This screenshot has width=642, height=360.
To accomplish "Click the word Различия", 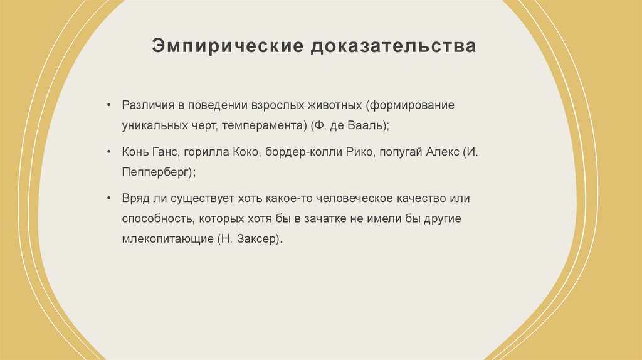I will pyautogui.click(x=146, y=105).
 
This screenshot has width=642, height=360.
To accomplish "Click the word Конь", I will pyautogui.click(x=135, y=152).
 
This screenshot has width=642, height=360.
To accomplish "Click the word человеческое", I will pyautogui.click(x=352, y=198).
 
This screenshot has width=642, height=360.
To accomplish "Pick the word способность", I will pyautogui.click(x=159, y=219).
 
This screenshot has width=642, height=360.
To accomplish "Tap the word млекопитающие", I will pyautogui.click(x=167, y=240).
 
